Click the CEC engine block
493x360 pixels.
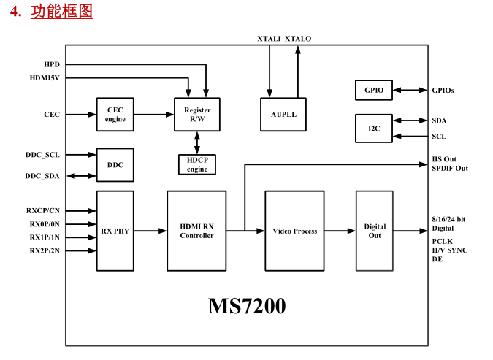pos(115,114)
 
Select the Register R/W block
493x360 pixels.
pos(197,114)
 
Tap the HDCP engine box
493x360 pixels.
pos(196,164)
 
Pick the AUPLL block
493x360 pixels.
pos(283,114)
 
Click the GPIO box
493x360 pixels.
pos(373,90)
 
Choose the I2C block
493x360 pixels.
pos(373,128)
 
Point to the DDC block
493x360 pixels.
pos(115,165)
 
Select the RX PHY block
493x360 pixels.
pos(115,231)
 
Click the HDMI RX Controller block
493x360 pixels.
pos(196,231)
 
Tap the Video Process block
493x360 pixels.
pos(294,231)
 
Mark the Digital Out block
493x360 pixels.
pos(374,231)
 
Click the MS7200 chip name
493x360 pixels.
pos(247,306)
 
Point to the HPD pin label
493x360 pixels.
pos(52,64)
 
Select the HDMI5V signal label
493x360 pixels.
pos(45,77)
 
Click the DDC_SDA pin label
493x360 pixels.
pos(42,176)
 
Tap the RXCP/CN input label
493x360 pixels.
pos(43,210)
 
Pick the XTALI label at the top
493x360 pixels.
pos(268,38)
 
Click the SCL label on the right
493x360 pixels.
pos(439,136)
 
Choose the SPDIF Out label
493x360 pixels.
pos(450,169)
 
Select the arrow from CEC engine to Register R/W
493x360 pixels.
pos(153,114)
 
